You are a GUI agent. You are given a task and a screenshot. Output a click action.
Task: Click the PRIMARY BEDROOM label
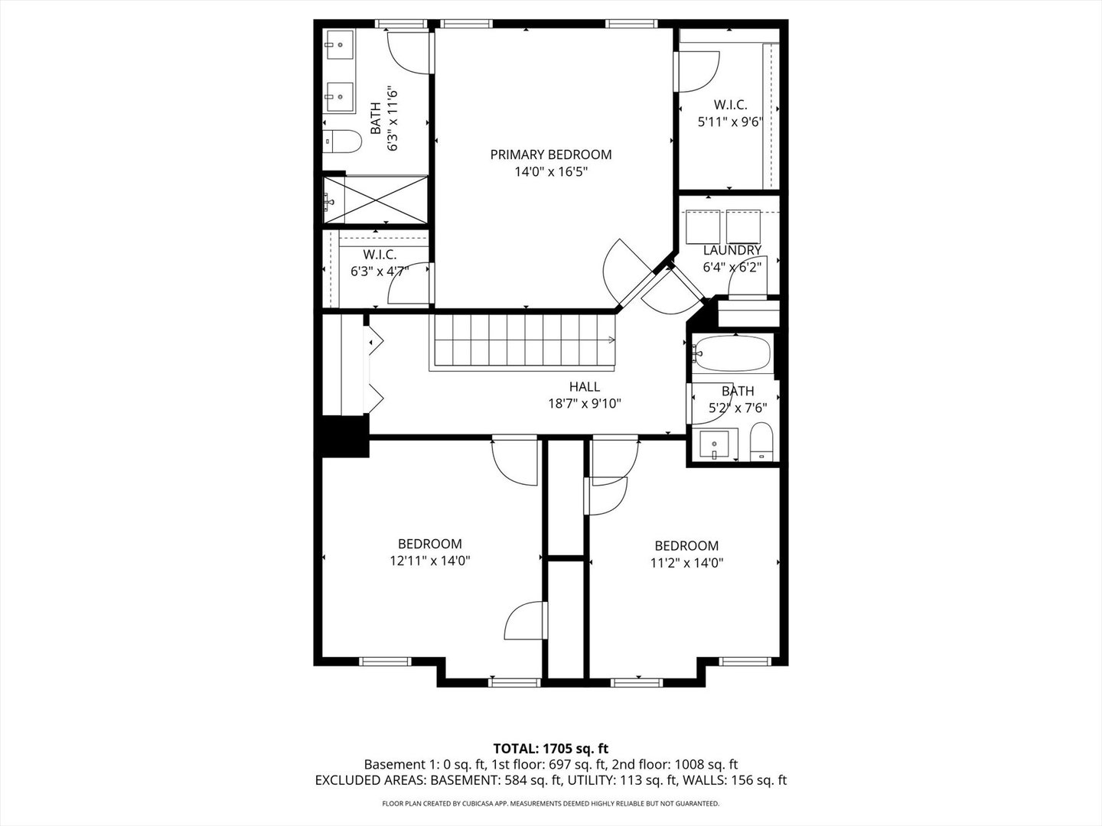pyautogui.click(x=550, y=154)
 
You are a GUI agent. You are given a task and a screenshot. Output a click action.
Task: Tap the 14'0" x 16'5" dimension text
pyautogui.click(x=550, y=172)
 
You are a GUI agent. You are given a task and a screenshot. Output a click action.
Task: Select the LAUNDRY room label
pyautogui.click(x=732, y=250)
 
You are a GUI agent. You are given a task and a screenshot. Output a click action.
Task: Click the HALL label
pyautogui.click(x=584, y=387)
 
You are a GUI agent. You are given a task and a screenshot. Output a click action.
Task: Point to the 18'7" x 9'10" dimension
pyautogui.click(x=584, y=404)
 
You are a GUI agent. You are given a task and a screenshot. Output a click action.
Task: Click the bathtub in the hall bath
pyautogui.click(x=731, y=353)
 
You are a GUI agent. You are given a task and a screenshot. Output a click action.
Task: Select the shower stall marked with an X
pyautogui.click(x=375, y=200)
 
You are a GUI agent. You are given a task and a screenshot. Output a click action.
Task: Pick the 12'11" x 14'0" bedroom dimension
pyautogui.click(x=429, y=561)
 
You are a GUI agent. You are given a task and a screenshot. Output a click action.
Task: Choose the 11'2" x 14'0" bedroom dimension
pyautogui.click(x=686, y=563)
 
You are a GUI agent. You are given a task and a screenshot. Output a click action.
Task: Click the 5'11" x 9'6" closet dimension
pyautogui.click(x=730, y=122)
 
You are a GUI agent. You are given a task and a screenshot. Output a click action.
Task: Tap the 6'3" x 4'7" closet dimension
pyautogui.click(x=380, y=271)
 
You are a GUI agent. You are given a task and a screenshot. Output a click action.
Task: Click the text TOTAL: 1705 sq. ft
pyautogui.click(x=550, y=748)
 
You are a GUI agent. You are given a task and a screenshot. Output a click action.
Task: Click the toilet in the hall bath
pyautogui.click(x=761, y=444)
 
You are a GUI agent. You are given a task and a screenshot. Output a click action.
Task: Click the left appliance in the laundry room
pyautogui.click(x=703, y=225)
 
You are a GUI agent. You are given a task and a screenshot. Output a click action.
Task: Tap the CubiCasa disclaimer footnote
pyautogui.click(x=550, y=804)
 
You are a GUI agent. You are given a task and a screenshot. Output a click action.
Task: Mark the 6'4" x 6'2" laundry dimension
pyautogui.click(x=732, y=268)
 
